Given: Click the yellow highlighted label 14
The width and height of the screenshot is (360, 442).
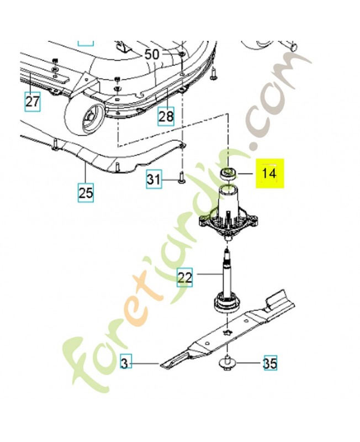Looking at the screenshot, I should [269, 173].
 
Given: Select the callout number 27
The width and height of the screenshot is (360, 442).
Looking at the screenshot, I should [33, 102].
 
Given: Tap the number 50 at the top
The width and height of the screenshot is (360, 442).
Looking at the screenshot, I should [152, 54].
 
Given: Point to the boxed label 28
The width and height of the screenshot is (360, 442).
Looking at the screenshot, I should [166, 117].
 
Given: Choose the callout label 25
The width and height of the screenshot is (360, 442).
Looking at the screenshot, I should [86, 193].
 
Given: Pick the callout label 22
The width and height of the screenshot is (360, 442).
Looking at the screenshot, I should [185, 277].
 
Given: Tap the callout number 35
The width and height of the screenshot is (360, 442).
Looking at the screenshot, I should [269, 364].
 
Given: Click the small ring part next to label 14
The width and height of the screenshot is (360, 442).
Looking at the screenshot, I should [227, 173].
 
